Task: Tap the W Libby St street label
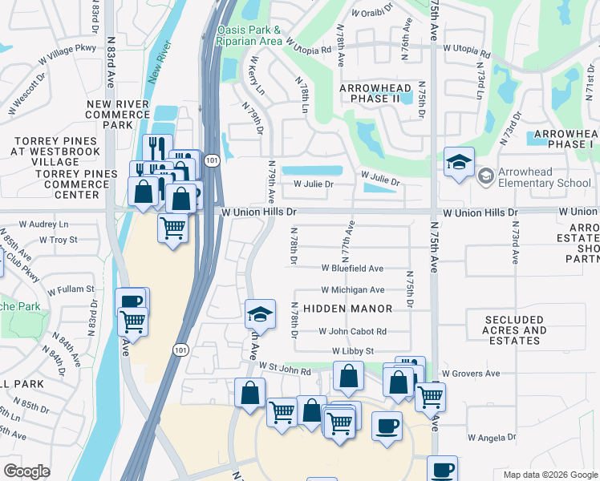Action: (353, 351)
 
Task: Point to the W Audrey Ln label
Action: (43, 224)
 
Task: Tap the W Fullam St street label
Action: (71, 289)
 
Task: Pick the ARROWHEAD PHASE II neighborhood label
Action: (375, 93)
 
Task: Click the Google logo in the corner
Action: (27, 471)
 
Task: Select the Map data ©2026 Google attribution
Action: (549, 475)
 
